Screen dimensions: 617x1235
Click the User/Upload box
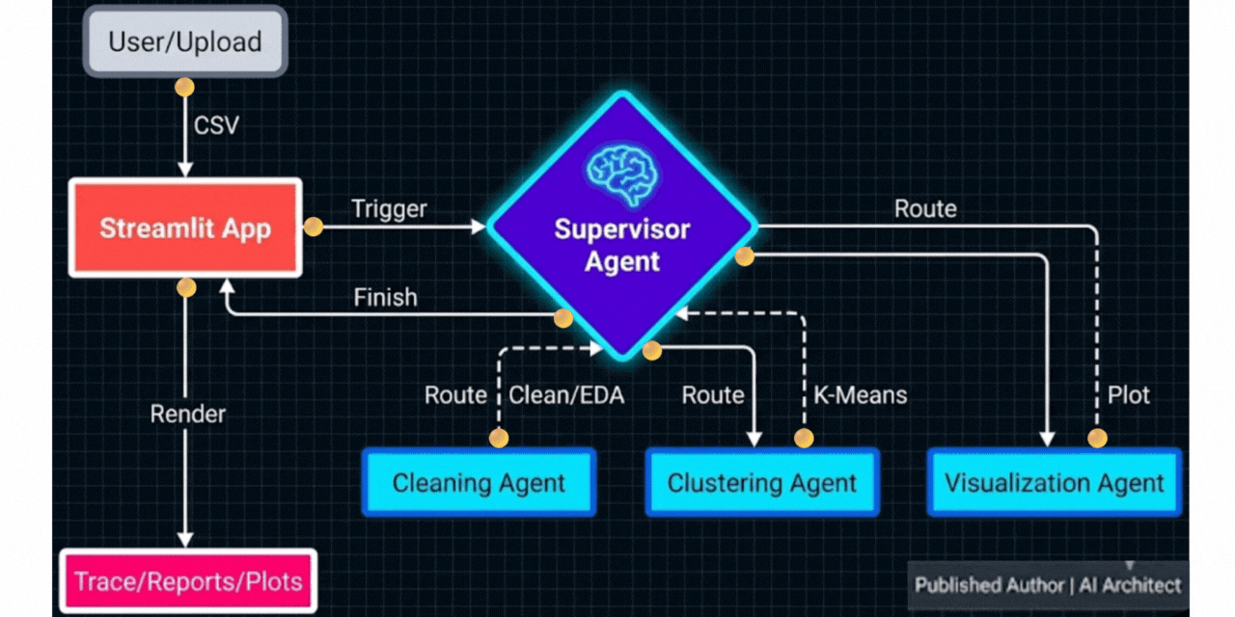tap(184, 41)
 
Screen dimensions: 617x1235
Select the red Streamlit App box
tap(185, 228)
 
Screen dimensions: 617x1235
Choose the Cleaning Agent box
tap(479, 482)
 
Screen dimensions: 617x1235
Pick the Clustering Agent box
tap(761, 482)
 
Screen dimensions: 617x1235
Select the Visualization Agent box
tap(1054, 482)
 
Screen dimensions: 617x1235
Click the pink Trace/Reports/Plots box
tap(188, 582)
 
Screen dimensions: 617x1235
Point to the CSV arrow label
tap(217, 126)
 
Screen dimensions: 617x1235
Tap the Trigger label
tap(389, 208)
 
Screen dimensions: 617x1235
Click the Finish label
tap(385, 298)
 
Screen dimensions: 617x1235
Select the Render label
tap(187, 414)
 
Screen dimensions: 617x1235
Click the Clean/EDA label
tap(566, 395)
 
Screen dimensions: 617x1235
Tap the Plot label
tap(1128, 395)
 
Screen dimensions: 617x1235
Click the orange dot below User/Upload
tap(183, 88)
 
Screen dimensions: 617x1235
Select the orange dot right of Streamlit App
tap(313, 228)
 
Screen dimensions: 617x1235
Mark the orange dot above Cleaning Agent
tap(499, 439)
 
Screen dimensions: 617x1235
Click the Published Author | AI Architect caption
tap(1048, 584)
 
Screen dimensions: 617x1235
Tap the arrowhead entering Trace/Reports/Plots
tap(184, 540)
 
